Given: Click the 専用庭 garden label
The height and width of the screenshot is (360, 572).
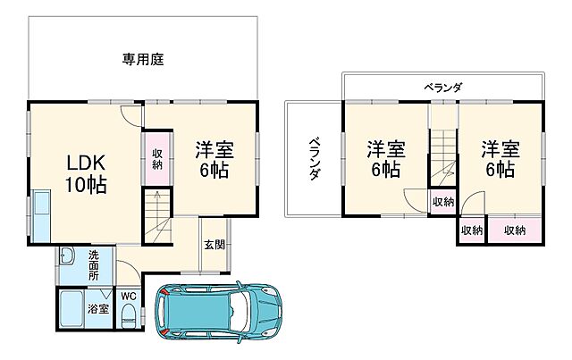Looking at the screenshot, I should click(x=142, y=60).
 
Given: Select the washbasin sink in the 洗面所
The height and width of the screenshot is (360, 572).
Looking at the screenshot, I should click(x=66, y=259).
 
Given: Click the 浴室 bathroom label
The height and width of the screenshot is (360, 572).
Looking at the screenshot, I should click(x=97, y=309).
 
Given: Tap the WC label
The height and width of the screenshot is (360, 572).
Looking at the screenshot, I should click(x=128, y=293).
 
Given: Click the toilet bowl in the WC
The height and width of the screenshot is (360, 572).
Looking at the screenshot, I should click(x=130, y=314).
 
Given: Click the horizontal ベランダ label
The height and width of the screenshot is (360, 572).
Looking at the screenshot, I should click(x=442, y=87).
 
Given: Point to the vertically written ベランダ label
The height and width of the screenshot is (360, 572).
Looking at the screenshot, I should click(x=315, y=159).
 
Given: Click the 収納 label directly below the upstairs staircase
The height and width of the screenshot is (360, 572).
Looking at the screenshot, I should click(x=442, y=202).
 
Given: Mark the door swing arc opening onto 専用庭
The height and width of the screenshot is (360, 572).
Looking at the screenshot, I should click(x=131, y=114).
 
